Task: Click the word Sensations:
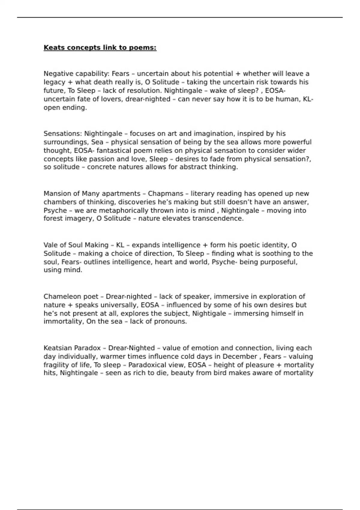63,133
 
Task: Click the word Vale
50,245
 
